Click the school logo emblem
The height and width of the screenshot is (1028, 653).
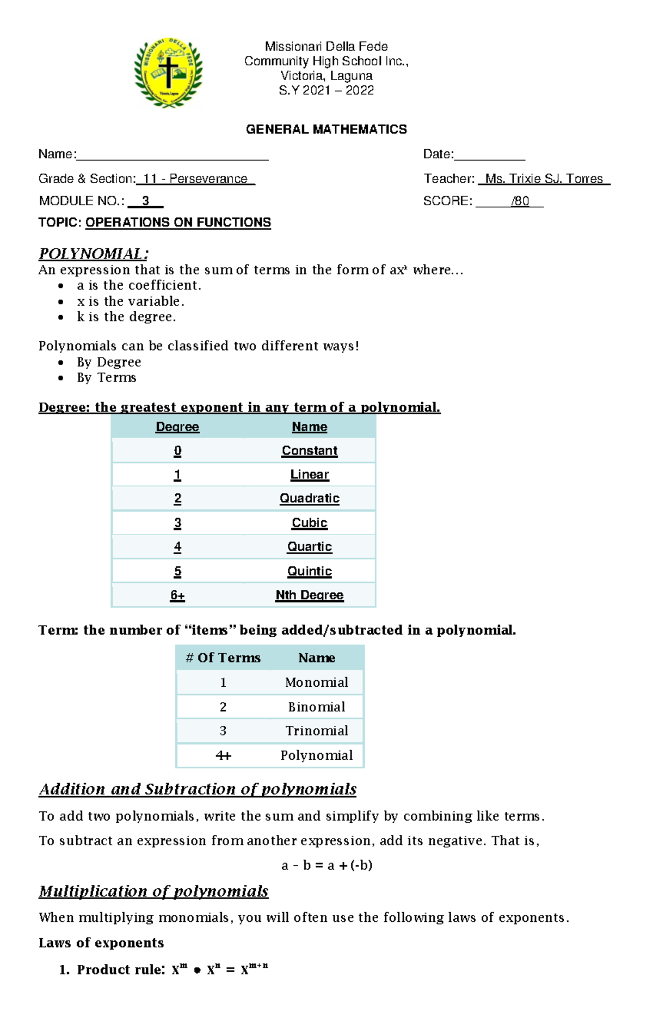(x=168, y=72)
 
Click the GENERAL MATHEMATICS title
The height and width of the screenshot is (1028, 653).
(x=326, y=130)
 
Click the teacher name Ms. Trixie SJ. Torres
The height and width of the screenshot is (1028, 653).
(x=544, y=179)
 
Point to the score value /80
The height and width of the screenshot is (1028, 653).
(x=520, y=201)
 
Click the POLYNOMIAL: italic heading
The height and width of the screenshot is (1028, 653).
(x=93, y=254)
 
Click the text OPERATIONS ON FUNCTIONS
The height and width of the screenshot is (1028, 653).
(x=178, y=223)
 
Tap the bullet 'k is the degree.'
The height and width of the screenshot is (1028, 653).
(x=126, y=317)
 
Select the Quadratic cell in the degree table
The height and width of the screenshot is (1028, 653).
(x=309, y=498)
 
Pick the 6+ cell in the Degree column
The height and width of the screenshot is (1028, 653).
(x=177, y=595)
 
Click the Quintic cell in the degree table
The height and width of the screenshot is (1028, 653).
(x=309, y=571)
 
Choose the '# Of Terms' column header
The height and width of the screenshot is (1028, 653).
(x=223, y=658)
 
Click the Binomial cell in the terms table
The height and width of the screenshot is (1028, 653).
(x=316, y=707)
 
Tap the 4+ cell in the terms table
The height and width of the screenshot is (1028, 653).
(x=223, y=755)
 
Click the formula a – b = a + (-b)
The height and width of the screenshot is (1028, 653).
(x=326, y=865)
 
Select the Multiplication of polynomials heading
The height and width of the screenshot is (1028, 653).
(x=153, y=891)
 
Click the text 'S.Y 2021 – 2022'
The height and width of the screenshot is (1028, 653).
(x=326, y=90)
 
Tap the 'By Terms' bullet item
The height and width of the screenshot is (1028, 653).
(x=106, y=378)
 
